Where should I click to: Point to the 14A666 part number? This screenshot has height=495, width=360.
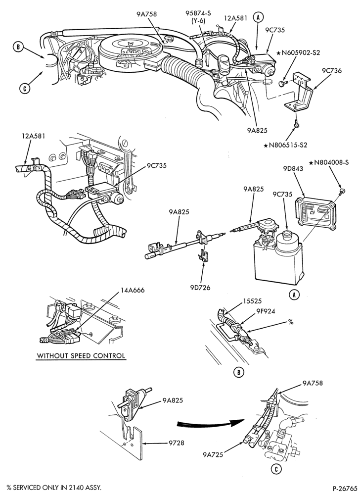(x=133, y=290)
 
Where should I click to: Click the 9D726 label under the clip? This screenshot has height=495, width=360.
(x=200, y=288)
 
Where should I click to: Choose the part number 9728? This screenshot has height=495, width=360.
(x=176, y=443)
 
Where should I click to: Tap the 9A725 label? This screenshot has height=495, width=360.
(x=213, y=454)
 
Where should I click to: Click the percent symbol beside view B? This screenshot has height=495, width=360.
(x=291, y=322)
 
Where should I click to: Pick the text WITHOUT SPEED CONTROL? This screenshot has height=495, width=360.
(x=81, y=355)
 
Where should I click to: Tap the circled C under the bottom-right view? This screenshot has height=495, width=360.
(x=276, y=469)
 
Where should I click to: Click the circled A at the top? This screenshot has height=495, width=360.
(x=259, y=18)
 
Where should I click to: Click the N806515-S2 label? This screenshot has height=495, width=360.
(x=285, y=145)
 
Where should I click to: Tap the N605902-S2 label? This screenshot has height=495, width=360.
(x=298, y=53)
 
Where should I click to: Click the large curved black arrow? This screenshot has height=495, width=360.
(x=211, y=424)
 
